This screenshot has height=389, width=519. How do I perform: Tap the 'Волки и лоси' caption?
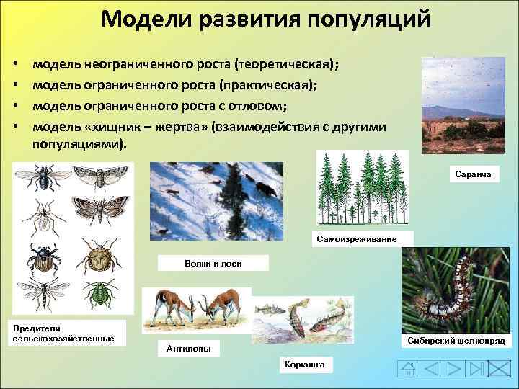[x=213, y=264]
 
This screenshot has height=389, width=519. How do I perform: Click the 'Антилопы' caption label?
[x=189, y=349]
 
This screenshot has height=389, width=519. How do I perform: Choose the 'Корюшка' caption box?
[x=306, y=365]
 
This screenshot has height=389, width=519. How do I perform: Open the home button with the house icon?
[x=409, y=370]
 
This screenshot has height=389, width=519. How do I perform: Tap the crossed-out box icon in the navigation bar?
[x=498, y=370]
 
